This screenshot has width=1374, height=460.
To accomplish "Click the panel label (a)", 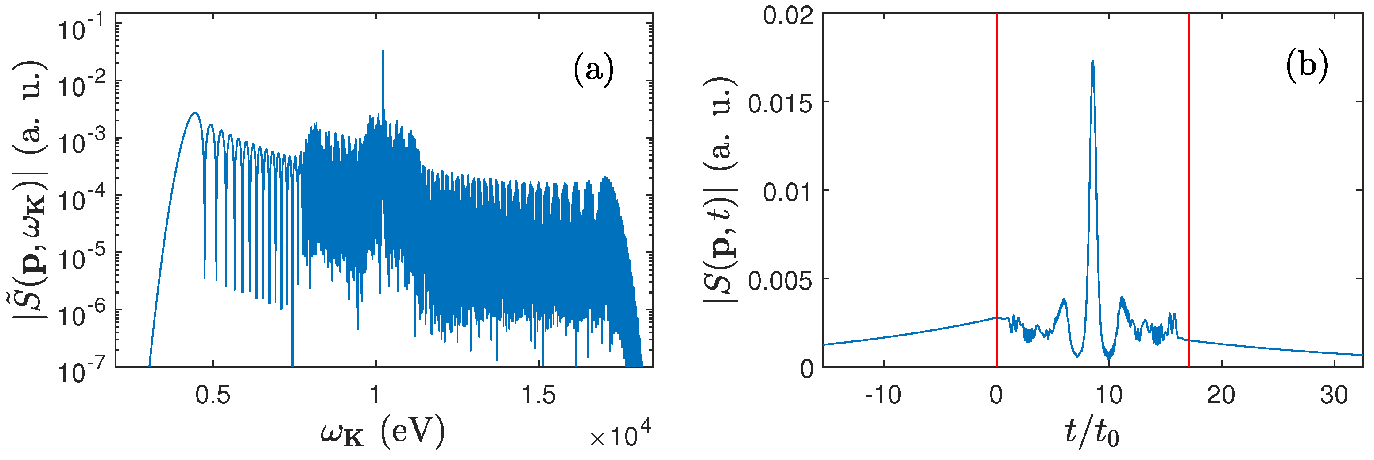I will point(593,70).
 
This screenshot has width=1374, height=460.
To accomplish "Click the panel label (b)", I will point(1306,66).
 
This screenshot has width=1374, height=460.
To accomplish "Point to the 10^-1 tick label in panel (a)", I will point(79,28).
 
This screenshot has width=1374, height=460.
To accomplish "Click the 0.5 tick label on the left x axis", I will point(213,395).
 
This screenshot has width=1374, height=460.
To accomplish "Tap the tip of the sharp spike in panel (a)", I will point(383,50).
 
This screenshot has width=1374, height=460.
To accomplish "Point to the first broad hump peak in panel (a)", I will point(195,112).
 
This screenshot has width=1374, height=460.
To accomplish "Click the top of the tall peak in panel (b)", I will point(1093,61).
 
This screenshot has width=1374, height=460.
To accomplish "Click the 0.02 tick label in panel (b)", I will point(788,15).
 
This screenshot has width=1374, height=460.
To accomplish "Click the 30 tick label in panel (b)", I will point(1333,395).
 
